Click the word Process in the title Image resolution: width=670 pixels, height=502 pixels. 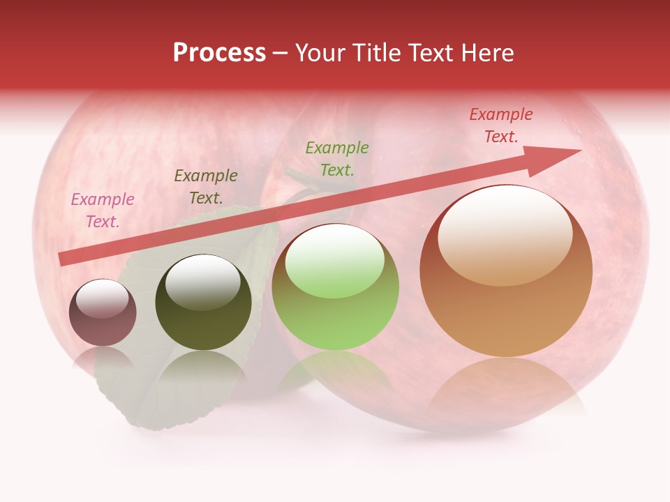point(219,53)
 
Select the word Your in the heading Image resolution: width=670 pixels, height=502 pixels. point(322,53)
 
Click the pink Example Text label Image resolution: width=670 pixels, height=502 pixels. point(102,211)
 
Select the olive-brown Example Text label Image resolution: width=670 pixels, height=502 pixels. point(205,187)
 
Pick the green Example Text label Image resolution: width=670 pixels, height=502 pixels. point(337,159)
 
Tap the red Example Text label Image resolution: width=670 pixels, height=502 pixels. point(500,125)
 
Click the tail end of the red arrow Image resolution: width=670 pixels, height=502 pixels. point(61,259)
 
